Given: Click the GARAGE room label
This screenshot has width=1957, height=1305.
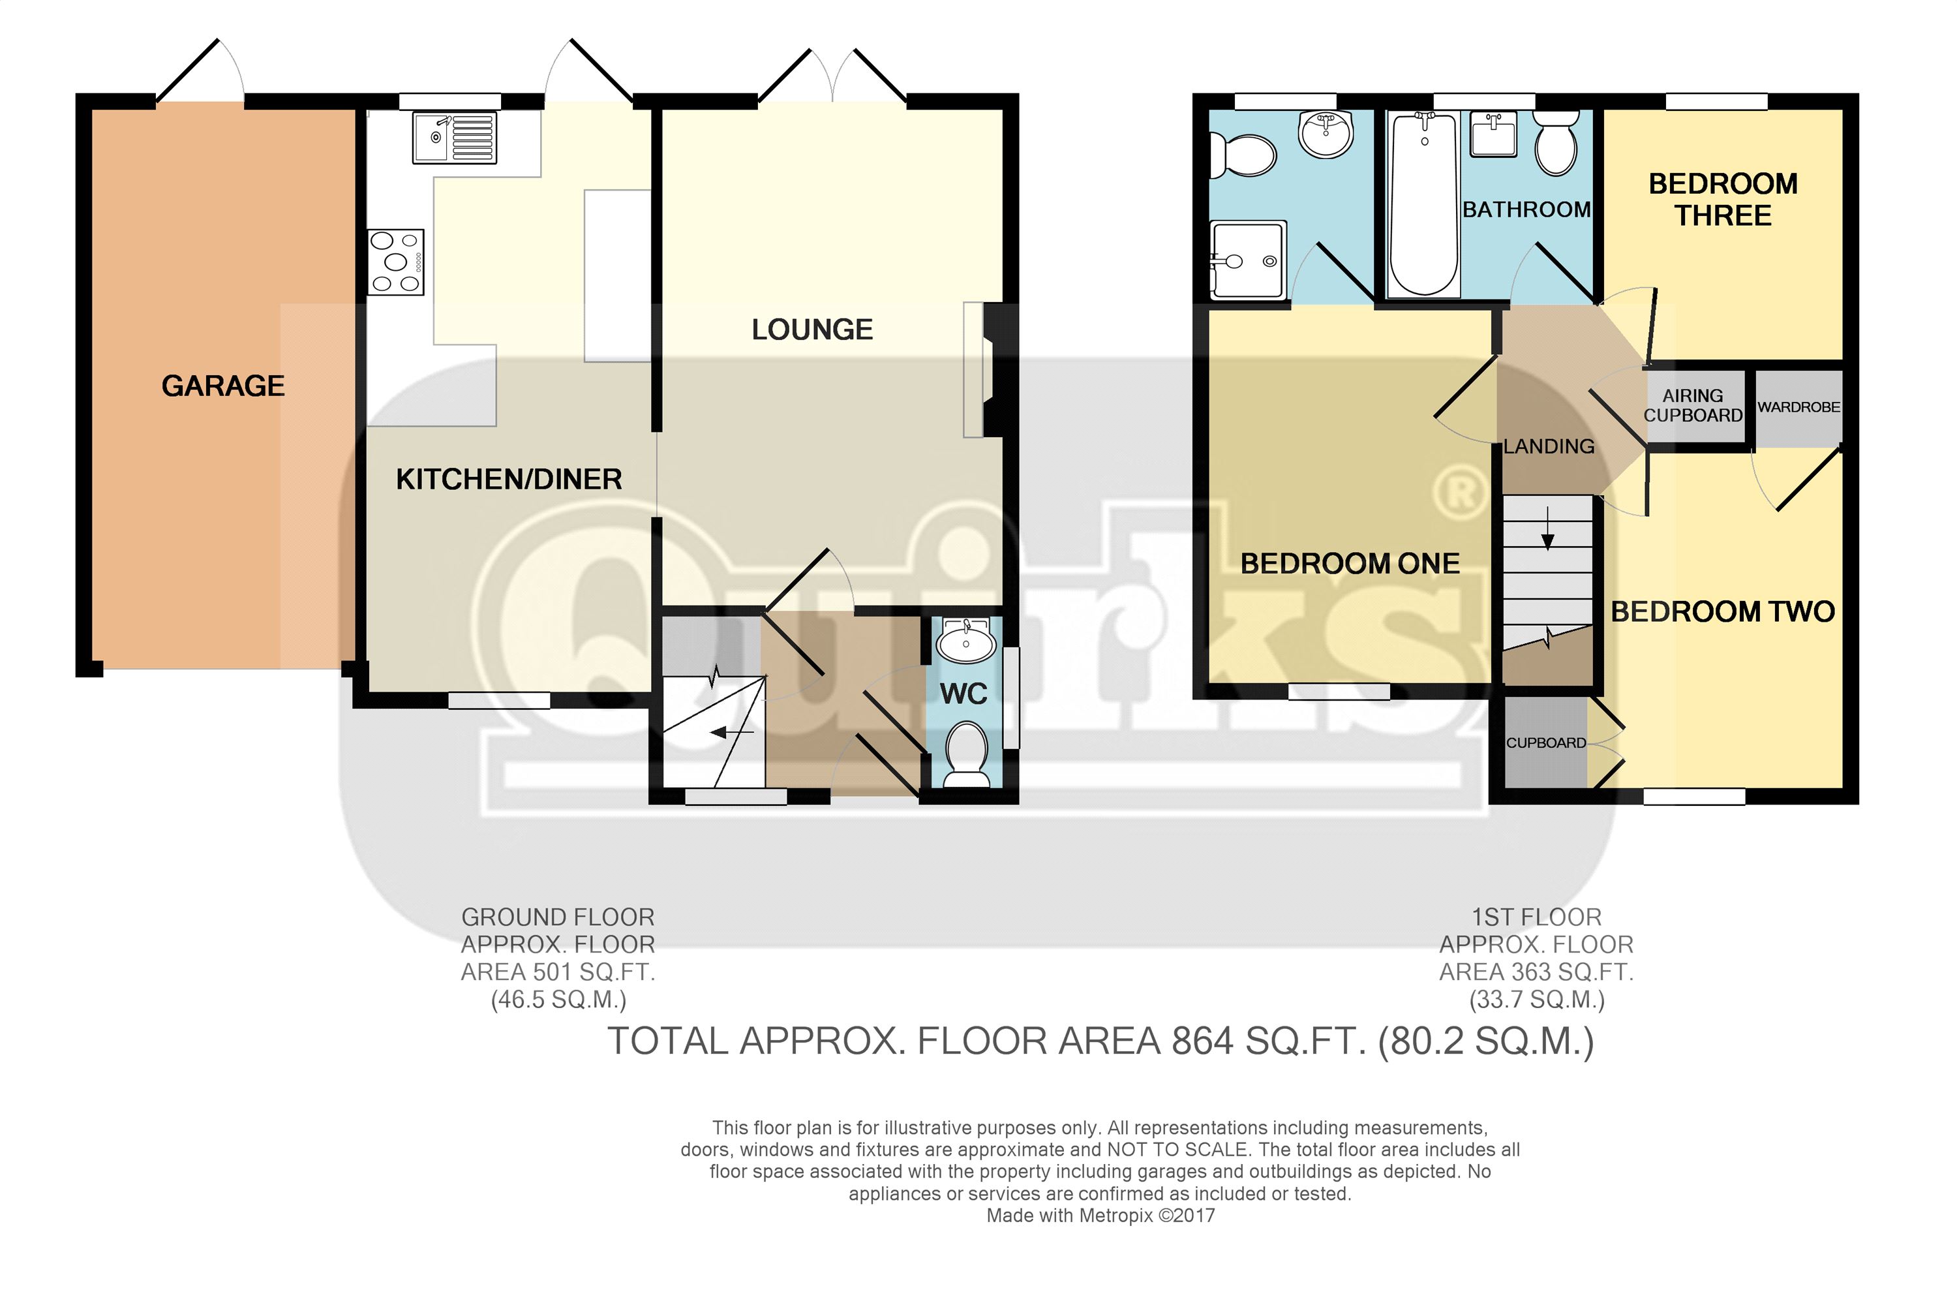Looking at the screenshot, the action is click(223, 386).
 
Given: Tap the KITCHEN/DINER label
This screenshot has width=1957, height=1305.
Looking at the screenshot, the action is click(509, 480).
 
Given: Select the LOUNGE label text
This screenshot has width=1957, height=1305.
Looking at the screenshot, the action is click(812, 330).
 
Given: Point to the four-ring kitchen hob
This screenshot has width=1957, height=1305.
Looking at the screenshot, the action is click(396, 262).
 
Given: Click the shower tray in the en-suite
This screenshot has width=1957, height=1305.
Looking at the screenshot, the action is click(1248, 259).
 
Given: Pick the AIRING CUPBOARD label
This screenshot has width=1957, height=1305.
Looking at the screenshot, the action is click(1693, 405).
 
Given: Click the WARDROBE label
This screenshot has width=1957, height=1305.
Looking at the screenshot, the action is click(1799, 407).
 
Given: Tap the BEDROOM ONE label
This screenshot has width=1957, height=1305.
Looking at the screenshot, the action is click(1350, 564).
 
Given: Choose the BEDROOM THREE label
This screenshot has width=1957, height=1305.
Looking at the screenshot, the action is click(1723, 200).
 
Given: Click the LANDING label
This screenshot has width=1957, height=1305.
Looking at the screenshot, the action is click(1549, 447).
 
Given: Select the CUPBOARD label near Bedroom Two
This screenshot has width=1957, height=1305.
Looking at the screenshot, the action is click(1546, 743).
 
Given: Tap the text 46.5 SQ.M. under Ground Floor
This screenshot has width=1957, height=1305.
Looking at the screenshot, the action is click(558, 999).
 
